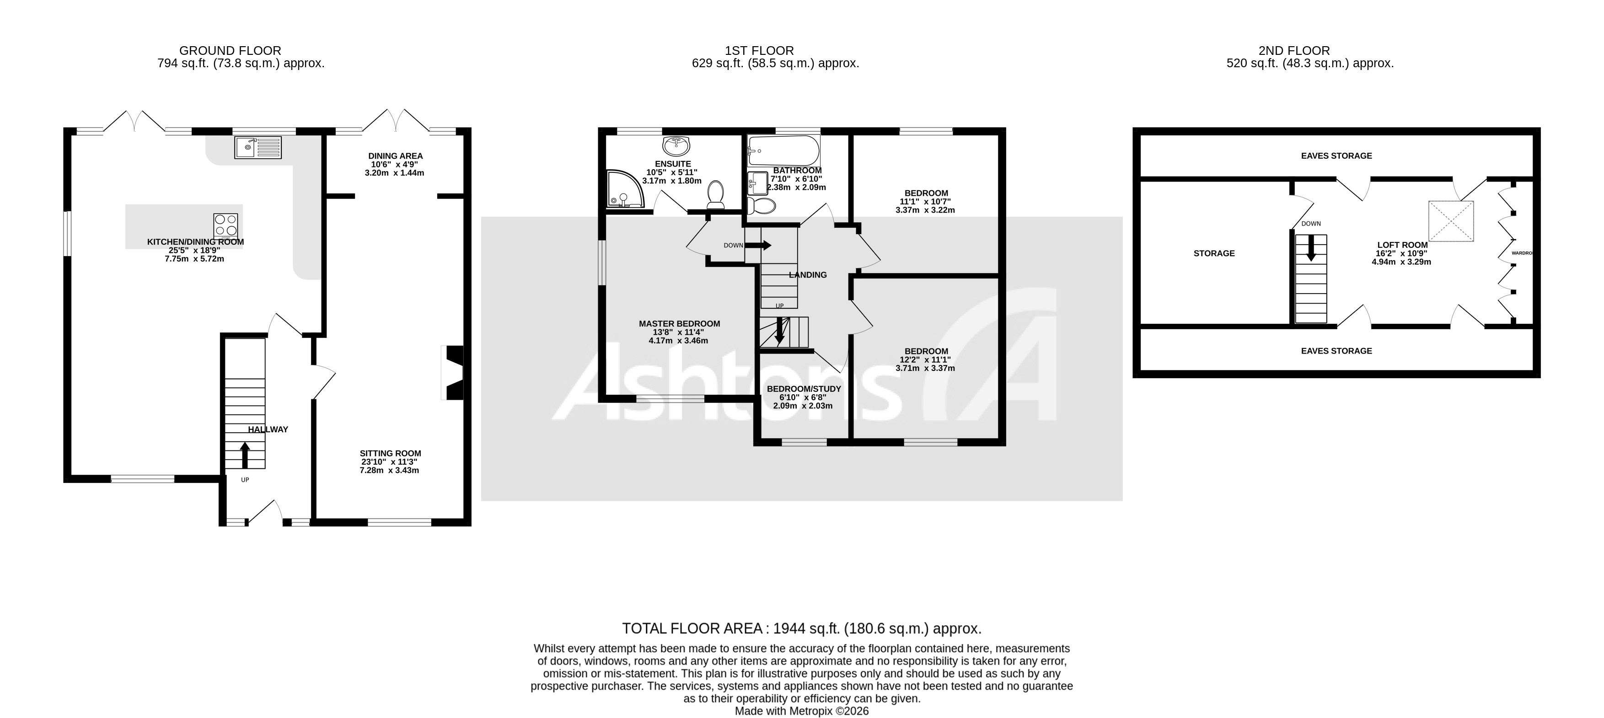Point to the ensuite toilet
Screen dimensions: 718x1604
[716, 194]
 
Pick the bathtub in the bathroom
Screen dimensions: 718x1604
[783, 150]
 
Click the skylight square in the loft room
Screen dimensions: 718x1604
[1451, 221]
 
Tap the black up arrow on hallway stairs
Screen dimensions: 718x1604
[245, 455]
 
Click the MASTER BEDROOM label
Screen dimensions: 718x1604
[679, 324]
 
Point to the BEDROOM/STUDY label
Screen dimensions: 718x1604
[803, 389]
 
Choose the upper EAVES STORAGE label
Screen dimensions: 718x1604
[1336, 155]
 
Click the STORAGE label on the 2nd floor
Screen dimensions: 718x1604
[1213, 253]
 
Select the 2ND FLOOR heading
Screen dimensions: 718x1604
[1294, 50]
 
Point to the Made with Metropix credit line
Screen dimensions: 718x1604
[801, 711]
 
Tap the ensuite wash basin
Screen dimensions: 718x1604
[676, 146]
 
